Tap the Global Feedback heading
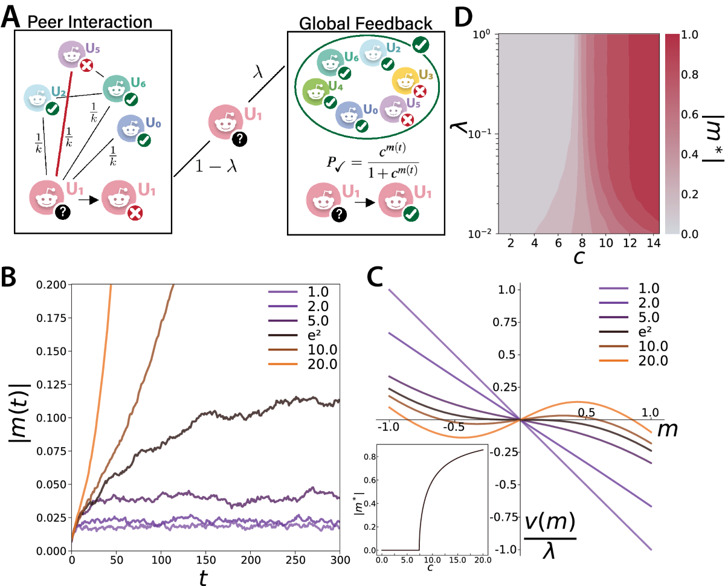[x=366, y=24]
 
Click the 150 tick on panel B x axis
[x=206, y=561]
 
